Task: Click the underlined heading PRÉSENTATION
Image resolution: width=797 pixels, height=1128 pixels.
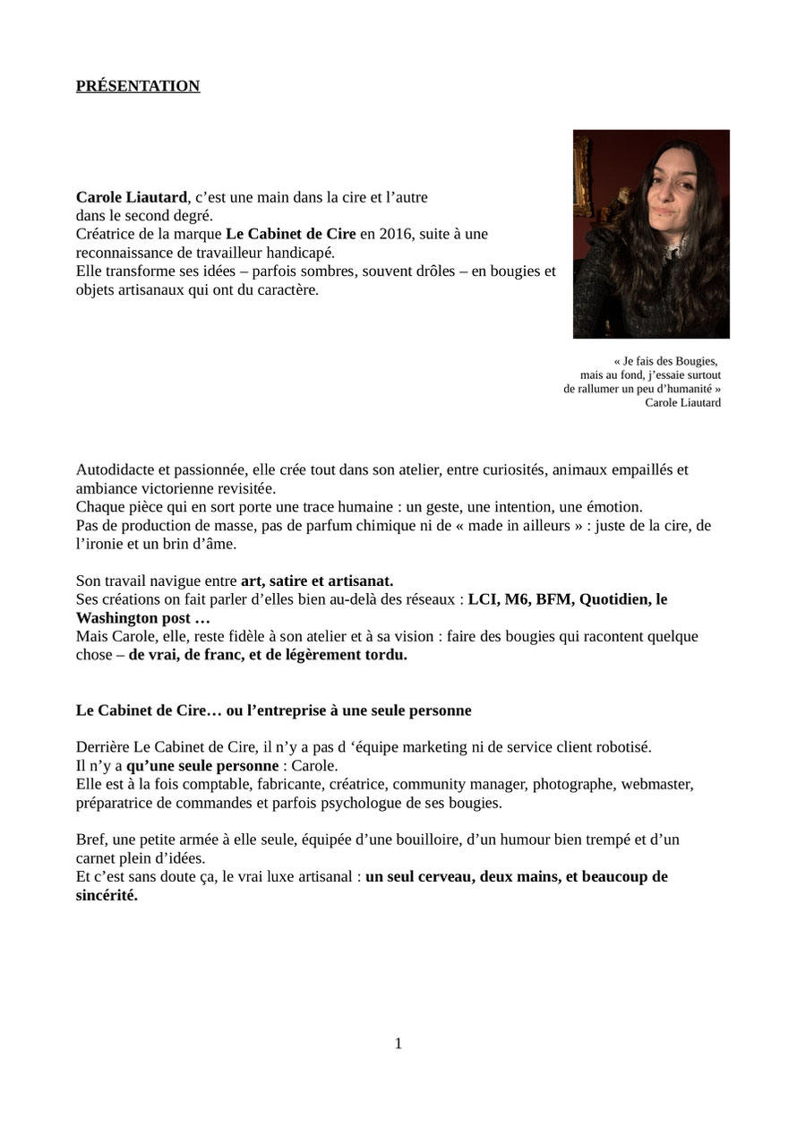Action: [x=138, y=86]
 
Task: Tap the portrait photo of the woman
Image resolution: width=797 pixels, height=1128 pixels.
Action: [x=651, y=234]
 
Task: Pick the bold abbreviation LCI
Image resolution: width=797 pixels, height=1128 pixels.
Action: [x=482, y=599]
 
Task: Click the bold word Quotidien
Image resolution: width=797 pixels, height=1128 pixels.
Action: [x=615, y=599]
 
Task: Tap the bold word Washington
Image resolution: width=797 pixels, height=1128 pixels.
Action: [x=116, y=618]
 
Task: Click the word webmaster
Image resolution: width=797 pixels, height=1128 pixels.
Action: [x=658, y=784]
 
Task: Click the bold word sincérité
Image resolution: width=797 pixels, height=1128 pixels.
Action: [x=107, y=895]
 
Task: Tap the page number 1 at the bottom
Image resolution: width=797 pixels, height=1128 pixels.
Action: [x=398, y=1044]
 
